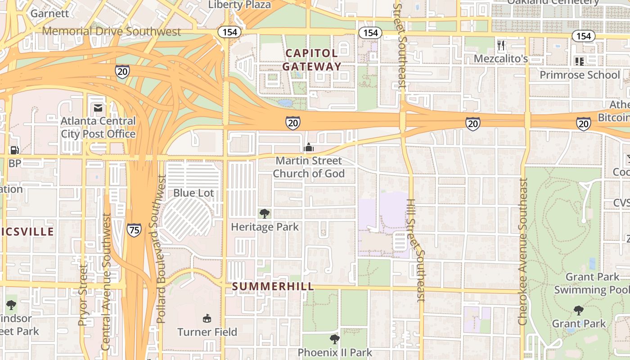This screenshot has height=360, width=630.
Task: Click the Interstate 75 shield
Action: click(x=134, y=229)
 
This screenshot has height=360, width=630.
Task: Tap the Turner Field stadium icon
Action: click(x=207, y=319)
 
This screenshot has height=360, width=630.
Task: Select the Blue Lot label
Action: click(x=193, y=193)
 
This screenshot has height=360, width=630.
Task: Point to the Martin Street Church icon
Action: click(x=309, y=147)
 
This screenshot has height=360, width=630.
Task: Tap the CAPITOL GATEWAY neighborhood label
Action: click(x=311, y=60)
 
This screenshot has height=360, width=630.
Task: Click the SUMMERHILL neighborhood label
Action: click(x=273, y=287)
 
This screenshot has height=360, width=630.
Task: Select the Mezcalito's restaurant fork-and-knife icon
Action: click(x=501, y=45)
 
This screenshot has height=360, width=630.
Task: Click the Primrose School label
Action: click(x=580, y=75)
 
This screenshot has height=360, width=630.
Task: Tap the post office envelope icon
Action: click(x=98, y=108)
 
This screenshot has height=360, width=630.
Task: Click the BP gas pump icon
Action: click(x=14, y=150)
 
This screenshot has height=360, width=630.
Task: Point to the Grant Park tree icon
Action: click(x=579, y=310)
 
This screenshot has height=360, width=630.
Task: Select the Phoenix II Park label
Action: click(x=335, y=352)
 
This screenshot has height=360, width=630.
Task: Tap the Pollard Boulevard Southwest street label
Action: click(x=161, y=249)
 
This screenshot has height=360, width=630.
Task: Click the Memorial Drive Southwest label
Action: click(x=112, y=31)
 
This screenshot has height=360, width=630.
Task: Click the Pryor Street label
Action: click(x=83, y=295)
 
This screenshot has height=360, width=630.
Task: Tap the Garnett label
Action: click(x=49, y=13)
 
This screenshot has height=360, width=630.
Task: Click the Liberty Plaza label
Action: click(x=240, y=5)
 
